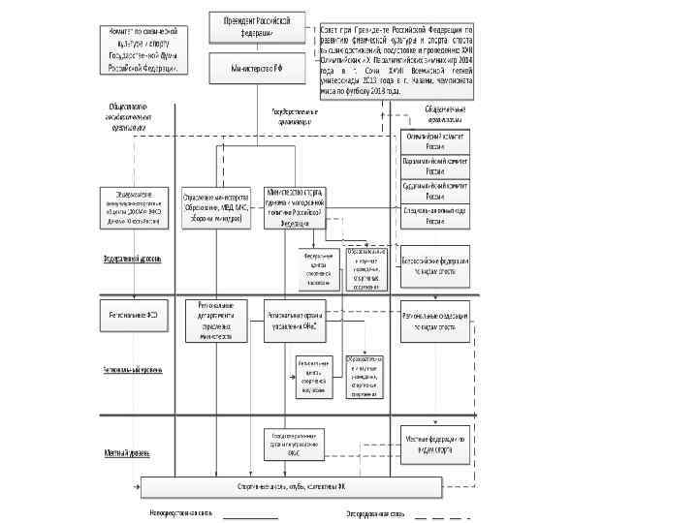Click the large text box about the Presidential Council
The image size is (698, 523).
(x=396, y=64)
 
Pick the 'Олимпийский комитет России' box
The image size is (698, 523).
(x=436, y=139)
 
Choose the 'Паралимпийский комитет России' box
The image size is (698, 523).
(x=436, y=165)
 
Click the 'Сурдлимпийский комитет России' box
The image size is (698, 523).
(x=436, y=190)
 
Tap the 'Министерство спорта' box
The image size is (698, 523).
(x=295, y=206)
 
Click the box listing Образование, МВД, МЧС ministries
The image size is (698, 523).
(x=217, y=206)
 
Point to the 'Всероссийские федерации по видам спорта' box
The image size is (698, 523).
(x=436, y=265)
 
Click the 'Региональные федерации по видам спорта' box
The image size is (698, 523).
(x=436, y=322)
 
